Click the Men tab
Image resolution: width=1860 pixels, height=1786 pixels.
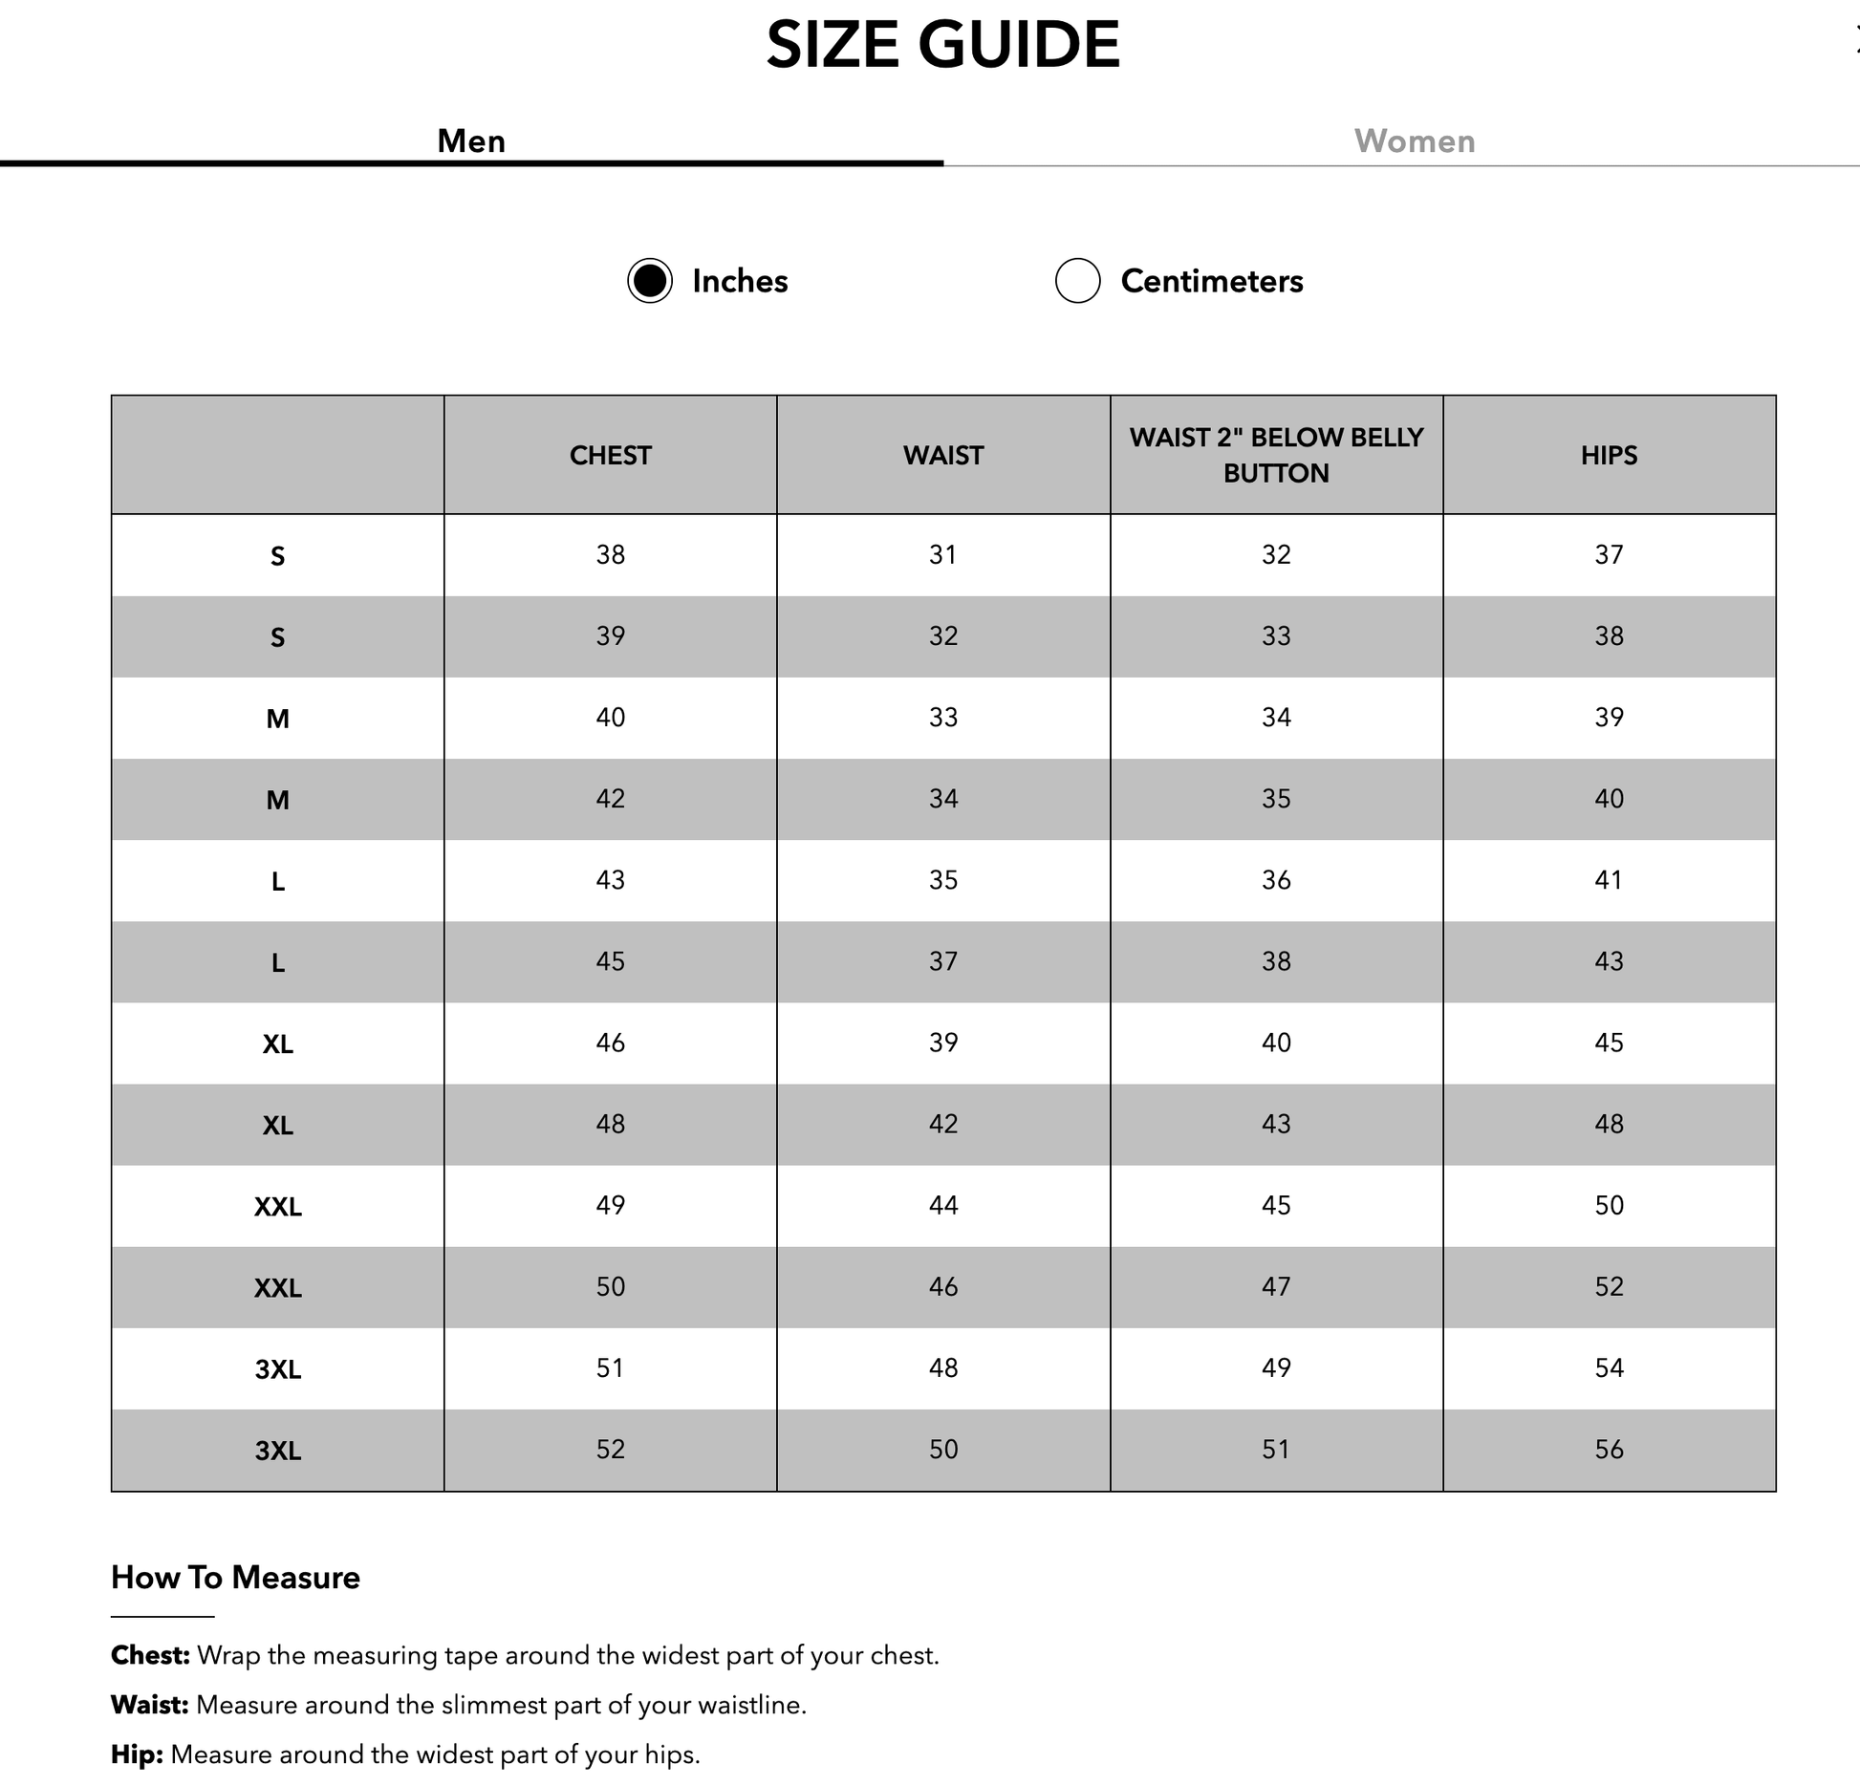click(x=471, y=141)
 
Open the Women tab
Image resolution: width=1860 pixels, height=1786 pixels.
click(x=1414, y=141)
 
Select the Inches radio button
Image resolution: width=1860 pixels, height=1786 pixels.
click(x=650, y=281)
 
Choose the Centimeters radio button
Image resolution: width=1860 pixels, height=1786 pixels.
click(x=1077, y=281)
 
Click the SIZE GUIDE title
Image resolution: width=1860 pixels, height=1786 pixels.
click(x=942, y=45)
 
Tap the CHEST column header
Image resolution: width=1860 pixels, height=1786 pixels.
click(x=610, y=456)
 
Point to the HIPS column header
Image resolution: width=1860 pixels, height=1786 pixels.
click(x=1609, y=456)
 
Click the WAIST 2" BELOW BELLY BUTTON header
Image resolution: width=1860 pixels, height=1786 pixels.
click(x=1276, y=455)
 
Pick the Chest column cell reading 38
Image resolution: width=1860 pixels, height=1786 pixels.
click(x=610, y=555)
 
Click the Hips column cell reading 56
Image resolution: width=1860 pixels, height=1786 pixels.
click(x=1609, y=1450)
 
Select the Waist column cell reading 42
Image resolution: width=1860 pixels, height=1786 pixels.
click(x=942, y=1124)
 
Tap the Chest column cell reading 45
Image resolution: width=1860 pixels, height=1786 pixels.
click(x=610, y=961)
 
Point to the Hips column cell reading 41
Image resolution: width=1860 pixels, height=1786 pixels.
click(x=1609, y=880)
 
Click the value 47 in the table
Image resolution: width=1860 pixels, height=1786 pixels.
click(x=1276, y=1287)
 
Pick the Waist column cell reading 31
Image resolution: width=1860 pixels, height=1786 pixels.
click(x=942, y=555)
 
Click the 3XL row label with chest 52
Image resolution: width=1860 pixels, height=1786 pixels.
click(x=277, y=1452)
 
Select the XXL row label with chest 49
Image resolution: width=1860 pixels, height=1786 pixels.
click(x=277, y=1207)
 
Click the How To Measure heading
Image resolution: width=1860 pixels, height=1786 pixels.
click(x=235, y=1578)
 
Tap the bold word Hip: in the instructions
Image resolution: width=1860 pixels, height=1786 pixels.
click(x=137, y=1754)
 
